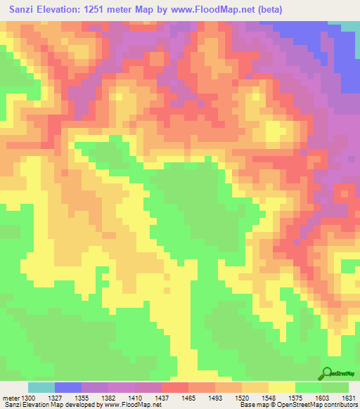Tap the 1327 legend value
point(67,398)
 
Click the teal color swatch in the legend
point(41,387)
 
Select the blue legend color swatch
point(68,387)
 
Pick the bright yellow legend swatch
point(281,387)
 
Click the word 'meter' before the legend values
point(11,398)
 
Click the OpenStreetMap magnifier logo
point(328,373)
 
